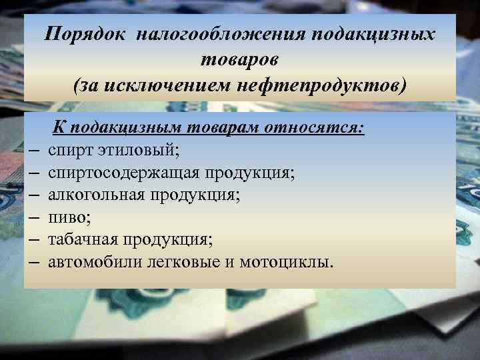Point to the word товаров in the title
click(240, 60)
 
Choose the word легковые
click(179, 261)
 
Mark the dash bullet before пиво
click(33, 217)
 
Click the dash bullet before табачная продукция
click(33, 239)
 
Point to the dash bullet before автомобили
click(33, 261)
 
